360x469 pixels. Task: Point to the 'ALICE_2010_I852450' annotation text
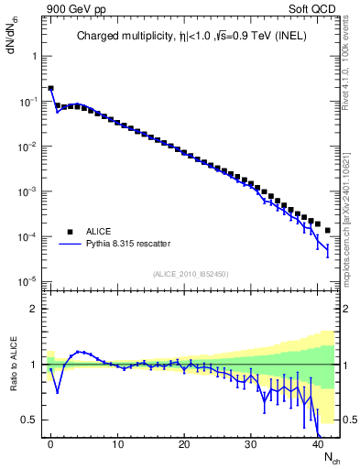coord(191,274)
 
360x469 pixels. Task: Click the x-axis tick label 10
coord(117,444)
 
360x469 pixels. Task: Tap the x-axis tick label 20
coord(184,444)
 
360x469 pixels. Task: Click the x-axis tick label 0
coord(50,444)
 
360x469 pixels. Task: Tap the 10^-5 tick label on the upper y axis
coord(30,281)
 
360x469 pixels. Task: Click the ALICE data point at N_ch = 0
coord(50,89)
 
